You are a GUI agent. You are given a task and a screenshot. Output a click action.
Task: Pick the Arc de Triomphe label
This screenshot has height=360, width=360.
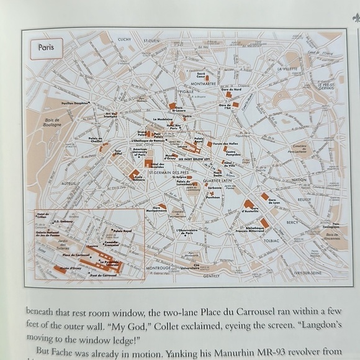(x=111, y=115)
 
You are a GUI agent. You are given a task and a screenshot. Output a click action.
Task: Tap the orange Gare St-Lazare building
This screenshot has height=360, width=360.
(x=173, y=106)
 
